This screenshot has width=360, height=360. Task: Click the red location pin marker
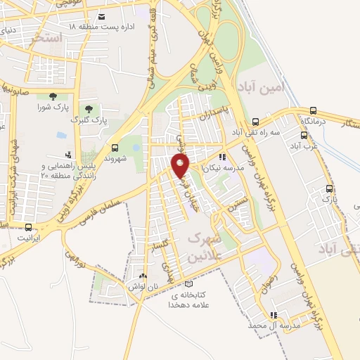[181, 166]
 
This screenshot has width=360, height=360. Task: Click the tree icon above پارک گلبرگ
[89, 109]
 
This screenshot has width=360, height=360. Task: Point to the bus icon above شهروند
[115, 147]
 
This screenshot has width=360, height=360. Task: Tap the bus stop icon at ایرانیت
[28, 227]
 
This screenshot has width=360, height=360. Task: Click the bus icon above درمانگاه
[313, 110]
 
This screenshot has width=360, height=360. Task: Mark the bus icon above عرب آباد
[304, 136]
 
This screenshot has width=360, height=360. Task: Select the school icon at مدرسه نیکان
[223, 157]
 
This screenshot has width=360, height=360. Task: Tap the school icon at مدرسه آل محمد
[274, 314]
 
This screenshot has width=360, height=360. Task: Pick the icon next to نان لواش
[143, 276]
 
